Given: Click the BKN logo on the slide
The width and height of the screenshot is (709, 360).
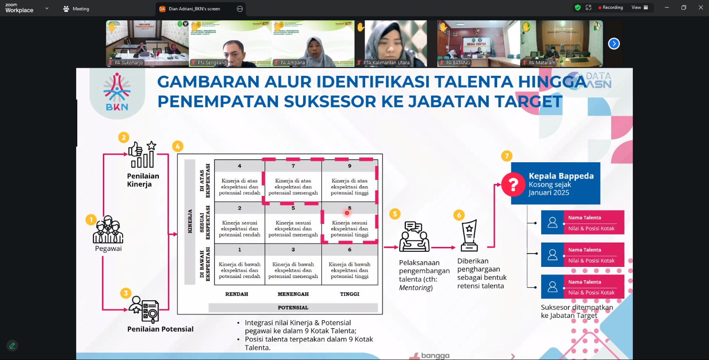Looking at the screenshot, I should coord(117,92).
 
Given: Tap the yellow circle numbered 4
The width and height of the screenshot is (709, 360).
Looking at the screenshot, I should coord(178,146).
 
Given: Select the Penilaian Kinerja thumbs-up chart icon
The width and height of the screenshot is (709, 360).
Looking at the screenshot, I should coord(142,155).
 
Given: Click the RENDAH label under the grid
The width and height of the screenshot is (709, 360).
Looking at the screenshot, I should coord(237,294).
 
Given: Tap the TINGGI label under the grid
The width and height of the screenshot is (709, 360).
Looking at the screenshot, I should coord(350,294).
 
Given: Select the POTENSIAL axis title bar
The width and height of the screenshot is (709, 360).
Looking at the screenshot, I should coord(293,308).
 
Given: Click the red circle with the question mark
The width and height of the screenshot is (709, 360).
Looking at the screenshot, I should coord(513,184).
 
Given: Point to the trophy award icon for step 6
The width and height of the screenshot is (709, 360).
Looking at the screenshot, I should coord(469,235).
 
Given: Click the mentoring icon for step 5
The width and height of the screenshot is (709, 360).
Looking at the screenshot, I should coord(414,237).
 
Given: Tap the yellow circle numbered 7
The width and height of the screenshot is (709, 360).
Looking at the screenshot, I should coord(507,156).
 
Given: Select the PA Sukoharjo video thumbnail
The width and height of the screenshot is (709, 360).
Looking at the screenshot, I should coord(147,43).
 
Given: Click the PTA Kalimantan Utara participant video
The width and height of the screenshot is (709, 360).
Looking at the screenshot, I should coord(396,43).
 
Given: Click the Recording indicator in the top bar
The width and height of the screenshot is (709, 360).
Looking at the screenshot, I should coord(610,8).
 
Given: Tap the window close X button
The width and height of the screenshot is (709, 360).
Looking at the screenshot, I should coord(701,8).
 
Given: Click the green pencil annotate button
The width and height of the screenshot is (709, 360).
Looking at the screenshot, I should coord(12,345).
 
